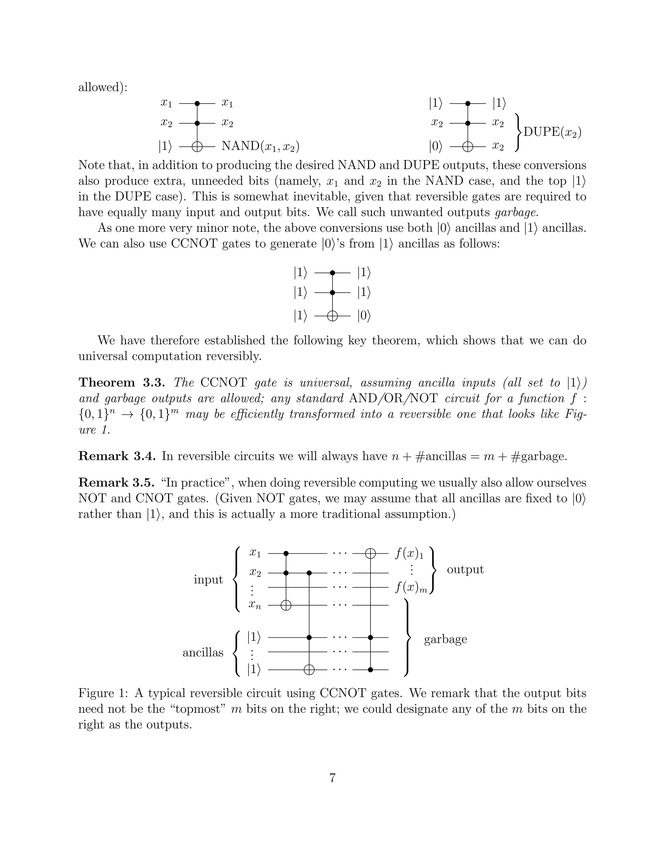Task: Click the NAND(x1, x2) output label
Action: click(260, 146)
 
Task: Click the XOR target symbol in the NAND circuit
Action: click(197, 147)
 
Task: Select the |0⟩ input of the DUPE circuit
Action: click(436, 147)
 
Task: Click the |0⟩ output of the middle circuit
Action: click(364, 316)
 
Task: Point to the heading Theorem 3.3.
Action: click(123, 382)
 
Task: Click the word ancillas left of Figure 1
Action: click(203, 653)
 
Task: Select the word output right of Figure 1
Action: click(465, 570)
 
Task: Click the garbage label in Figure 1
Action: click(445, 639)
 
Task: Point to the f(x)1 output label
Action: click(409, 554)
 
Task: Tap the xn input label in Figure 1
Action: click(255, 605)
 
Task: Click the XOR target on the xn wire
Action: click(286, 605)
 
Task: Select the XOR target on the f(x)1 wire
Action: click(370, 553)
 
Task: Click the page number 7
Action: click(332, 778)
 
